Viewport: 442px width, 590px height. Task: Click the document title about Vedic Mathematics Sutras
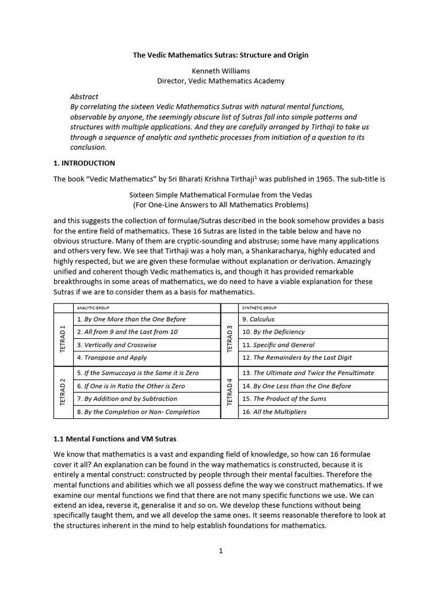[221, 55]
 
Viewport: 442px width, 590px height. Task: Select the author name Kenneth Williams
[221, 70]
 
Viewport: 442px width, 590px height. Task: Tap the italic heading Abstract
[84, 97]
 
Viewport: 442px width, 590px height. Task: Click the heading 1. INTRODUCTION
[84, 163]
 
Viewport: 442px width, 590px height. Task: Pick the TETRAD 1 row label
[63, 339]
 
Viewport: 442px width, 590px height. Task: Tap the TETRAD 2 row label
[63, 392]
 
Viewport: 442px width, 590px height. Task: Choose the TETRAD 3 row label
[230, 339]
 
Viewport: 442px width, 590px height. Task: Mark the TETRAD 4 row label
[230, 392]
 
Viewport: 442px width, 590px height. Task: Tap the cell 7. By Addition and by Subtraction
[127, 399]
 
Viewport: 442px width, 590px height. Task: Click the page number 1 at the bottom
[220, 551]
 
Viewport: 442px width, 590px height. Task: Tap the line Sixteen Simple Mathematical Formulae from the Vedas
[221, 195]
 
